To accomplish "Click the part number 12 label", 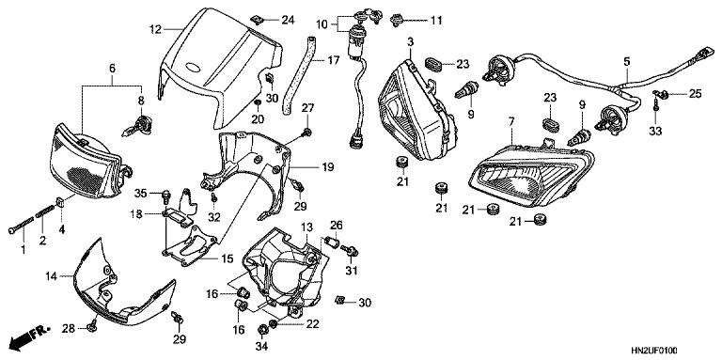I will [x=156, y=29].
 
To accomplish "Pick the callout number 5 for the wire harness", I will [x=627, y=62].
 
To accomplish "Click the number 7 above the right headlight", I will [x=511, y=123].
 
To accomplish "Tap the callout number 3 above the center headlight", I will [x=411, y=44].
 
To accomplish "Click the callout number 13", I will [x=306, y=228].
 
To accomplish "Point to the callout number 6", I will [x=112, y=69].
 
